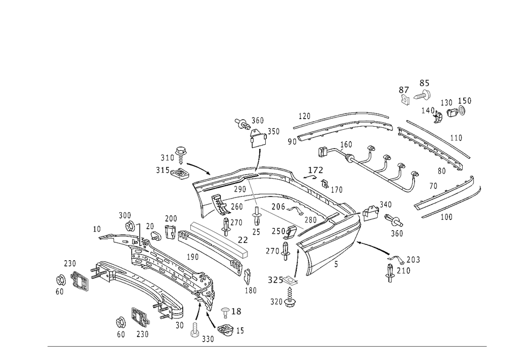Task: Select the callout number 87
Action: pos(404,90)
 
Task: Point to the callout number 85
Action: pos(424,82)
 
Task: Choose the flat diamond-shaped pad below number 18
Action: pos(228,330)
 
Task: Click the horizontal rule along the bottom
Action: pos(267,348)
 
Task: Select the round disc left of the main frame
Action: pos(181,175)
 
